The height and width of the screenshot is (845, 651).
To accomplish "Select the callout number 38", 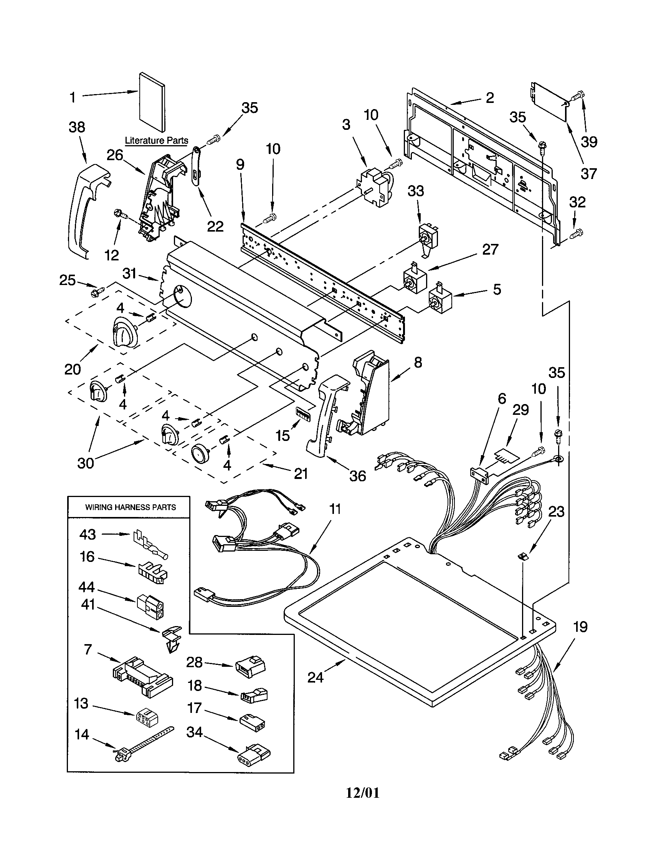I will coord(77,127).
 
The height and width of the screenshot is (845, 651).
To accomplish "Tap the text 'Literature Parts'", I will coord(157,141).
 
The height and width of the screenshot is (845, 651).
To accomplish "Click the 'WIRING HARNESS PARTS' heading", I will coord(130,507).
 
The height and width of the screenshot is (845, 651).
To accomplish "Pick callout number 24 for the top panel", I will coord(315,677).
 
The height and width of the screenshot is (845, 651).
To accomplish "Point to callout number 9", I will coord(240,164).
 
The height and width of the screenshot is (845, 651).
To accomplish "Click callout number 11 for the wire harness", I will coord(335,509).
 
